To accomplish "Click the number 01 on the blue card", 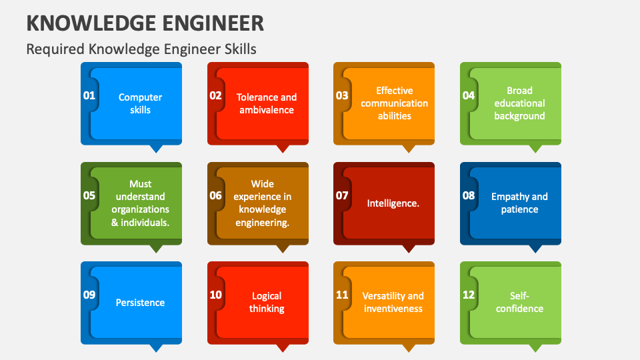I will click(x=89, y=95).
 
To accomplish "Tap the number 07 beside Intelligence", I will click(x=342, y=195).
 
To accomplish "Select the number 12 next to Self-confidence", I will click(x=469, y=295).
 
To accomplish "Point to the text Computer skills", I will click(x=140, y=103).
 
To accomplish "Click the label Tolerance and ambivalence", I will click(x=267, y=103).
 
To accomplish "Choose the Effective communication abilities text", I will click(x=395, y=103).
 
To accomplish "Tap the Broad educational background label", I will click(x=519, y=103).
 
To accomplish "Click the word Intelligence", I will click(x=393, y=203).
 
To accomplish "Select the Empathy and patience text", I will click(x=519, y=203).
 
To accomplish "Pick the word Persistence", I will click(x=140, y=303).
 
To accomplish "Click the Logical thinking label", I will click(x=267, y=302).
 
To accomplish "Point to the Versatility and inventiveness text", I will click(x=393, y=302).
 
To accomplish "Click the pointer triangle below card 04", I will click(x=535, y=149).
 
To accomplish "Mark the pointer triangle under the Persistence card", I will click(x=156, y=347).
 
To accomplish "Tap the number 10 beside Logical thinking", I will click(x=215, y=295).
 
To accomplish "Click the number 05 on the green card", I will click(x=89, y=195).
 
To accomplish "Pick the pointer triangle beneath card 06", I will click(x=283, y=248).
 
